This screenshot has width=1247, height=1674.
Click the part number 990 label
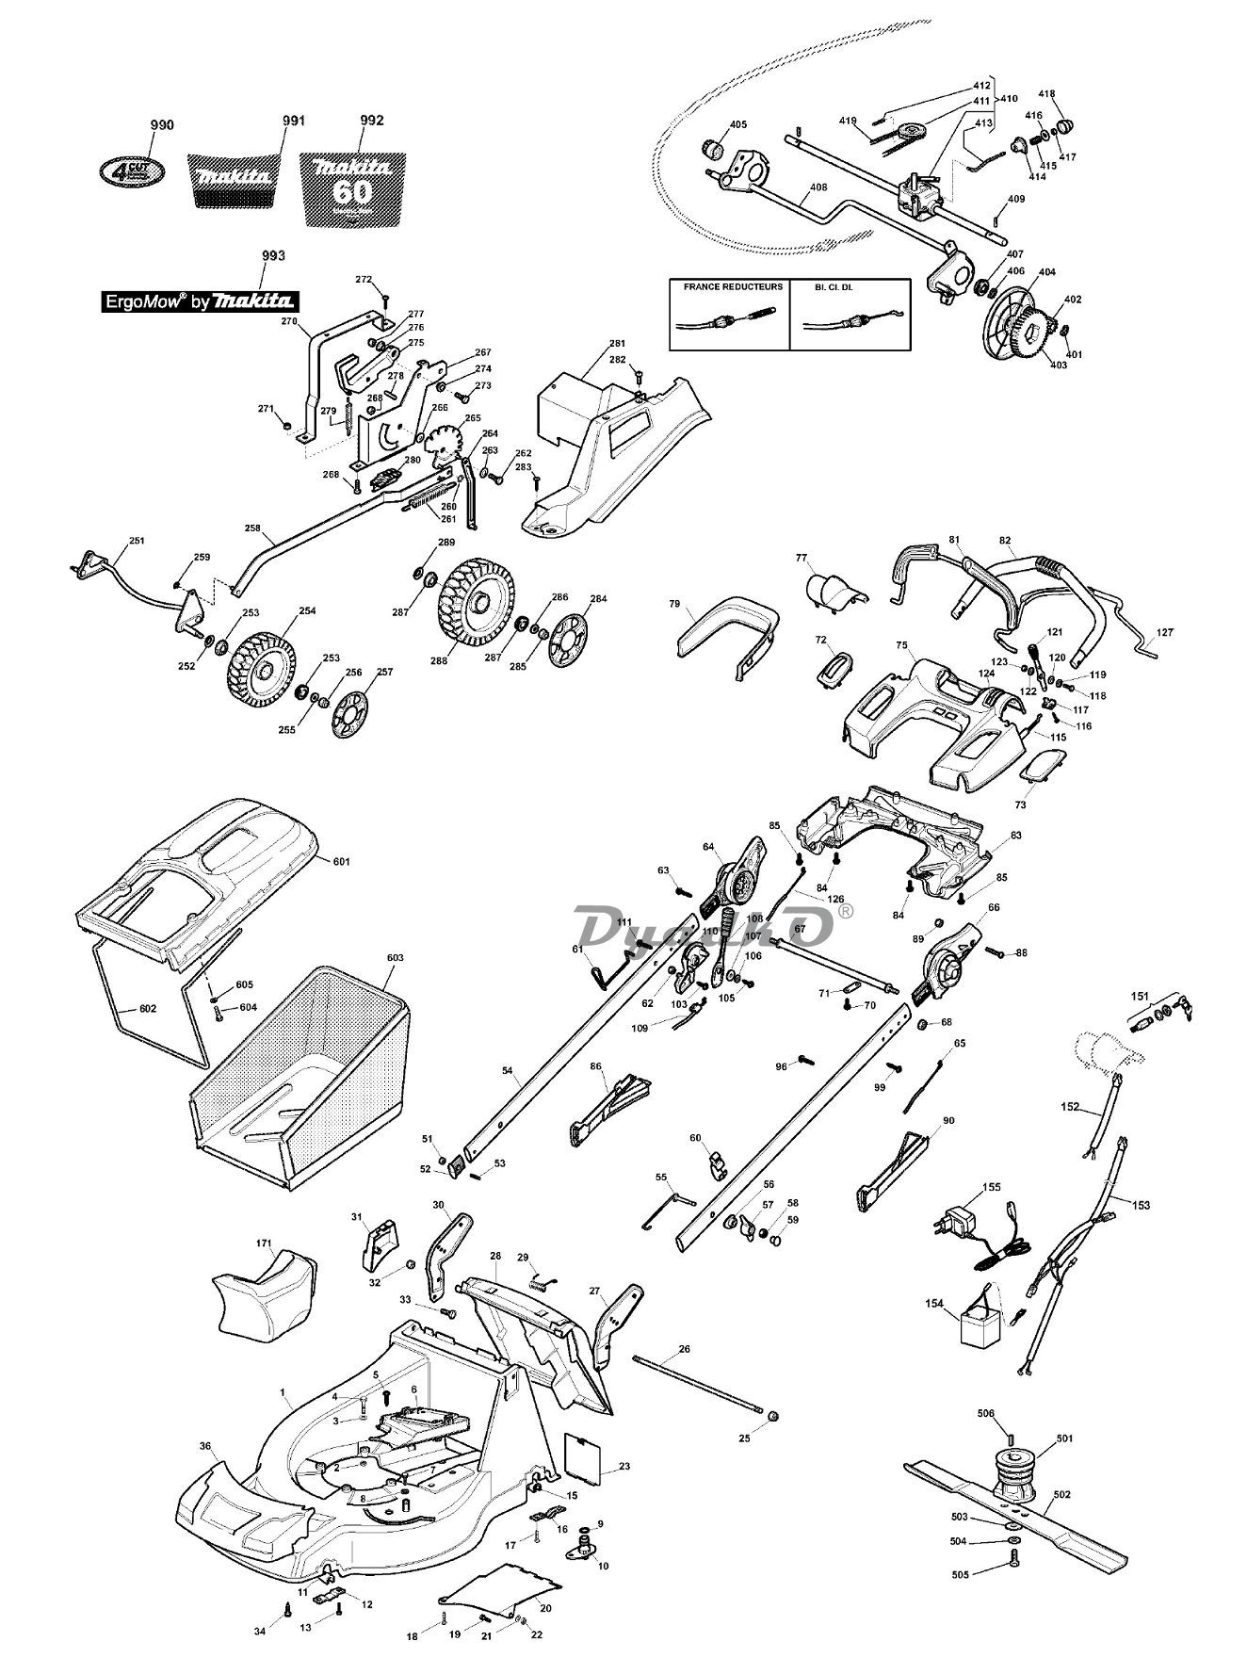click(x=162, y=124)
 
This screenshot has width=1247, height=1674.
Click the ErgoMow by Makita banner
click(x=200, y=301)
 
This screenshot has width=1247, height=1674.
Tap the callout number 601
click(x=341, y=861)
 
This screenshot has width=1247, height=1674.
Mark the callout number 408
click(x=818, y=187)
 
